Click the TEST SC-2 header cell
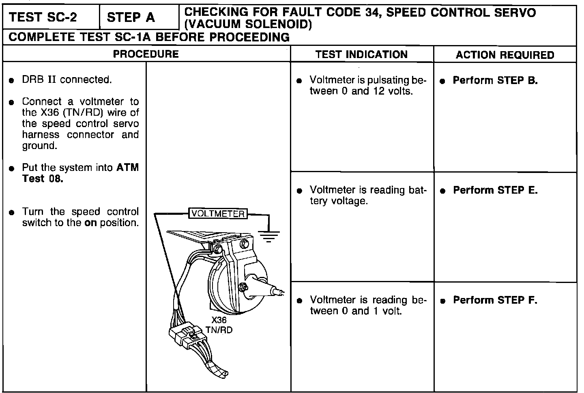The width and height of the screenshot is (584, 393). pyautogui.click(x=48, y=17)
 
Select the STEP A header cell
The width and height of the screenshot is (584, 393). pyautogui.click(x=131, y=17)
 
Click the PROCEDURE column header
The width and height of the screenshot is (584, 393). pyautogui.click(x=146, y=54)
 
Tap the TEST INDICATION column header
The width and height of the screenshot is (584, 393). pyautogui.click(x=361, y=55)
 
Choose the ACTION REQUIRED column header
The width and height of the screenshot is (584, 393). pyautogui.click(x=505, y=55)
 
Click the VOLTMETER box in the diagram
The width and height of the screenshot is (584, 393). pyautogui.click(x=218, y=214)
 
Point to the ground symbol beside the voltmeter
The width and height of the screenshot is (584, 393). pyautogui.click(x=268, y=235)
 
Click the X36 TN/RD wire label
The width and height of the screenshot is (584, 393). pyautogui.click(x=219, y=325)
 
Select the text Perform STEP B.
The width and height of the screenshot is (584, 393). pyautogui.click(x=495, y=80)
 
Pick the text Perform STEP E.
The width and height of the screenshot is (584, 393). pyautogui.click(x=495, y=190)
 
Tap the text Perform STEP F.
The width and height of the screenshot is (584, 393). pyautogui.click(x=495, y=300)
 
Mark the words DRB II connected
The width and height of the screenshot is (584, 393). pyautogui.click(x=67, y=80)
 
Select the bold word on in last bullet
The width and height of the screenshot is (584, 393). pyautogui.click(x=90, y=223)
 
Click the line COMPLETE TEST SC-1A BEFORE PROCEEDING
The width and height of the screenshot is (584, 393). pyautogui.click(x=149, y=37)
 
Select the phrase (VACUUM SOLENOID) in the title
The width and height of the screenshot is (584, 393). pyautogui.click(x=248, y=25)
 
